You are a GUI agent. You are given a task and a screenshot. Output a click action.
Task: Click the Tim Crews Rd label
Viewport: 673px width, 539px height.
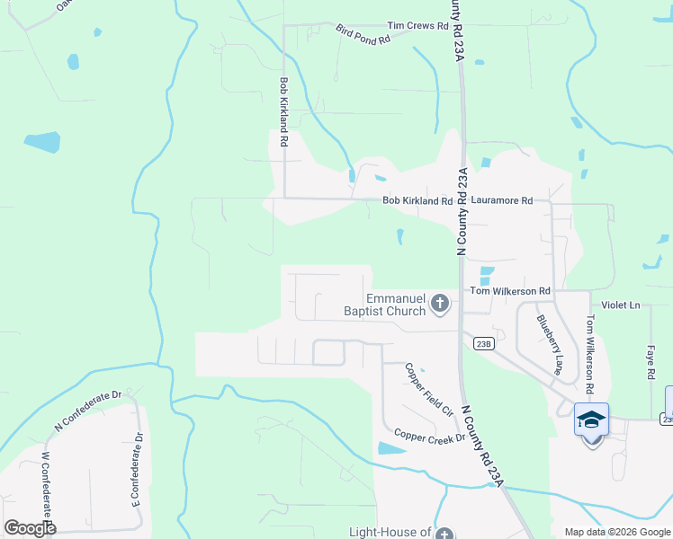(x=417, y=26)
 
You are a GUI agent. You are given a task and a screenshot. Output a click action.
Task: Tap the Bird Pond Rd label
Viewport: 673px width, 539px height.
(x=363, y=35)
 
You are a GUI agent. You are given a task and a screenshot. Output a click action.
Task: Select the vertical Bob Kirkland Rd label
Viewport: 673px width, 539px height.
(x=283, y=111)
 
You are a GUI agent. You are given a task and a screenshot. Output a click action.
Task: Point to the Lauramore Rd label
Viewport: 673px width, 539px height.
(x=502, y=201)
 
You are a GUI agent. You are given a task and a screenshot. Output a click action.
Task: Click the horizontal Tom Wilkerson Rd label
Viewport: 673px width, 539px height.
(x=510, y=292)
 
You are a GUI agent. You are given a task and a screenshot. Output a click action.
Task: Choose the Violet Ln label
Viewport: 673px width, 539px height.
(x=621, y=305)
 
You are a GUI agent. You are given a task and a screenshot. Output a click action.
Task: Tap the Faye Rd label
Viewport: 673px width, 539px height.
(x=650, y=363)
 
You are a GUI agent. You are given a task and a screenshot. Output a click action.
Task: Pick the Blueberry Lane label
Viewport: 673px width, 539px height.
(x=549, y=344)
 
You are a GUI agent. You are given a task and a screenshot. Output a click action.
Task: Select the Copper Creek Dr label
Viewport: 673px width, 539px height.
(x=429, y=436)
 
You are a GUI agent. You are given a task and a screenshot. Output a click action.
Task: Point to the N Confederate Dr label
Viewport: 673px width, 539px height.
(x=87, y=410)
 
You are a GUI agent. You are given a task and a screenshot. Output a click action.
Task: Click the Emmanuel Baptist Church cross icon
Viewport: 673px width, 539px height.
(x=440, y=303)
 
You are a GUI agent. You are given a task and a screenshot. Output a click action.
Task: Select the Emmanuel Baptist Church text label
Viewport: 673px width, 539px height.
(x=396, y=305)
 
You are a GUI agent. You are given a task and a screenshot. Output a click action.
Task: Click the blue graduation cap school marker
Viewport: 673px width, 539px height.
(x=591, y=420)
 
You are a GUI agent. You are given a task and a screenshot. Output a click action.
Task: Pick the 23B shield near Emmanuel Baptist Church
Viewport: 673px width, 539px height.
(x=483, y=343)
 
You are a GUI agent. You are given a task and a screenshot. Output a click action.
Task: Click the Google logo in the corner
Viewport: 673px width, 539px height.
(x=30, y=528)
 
